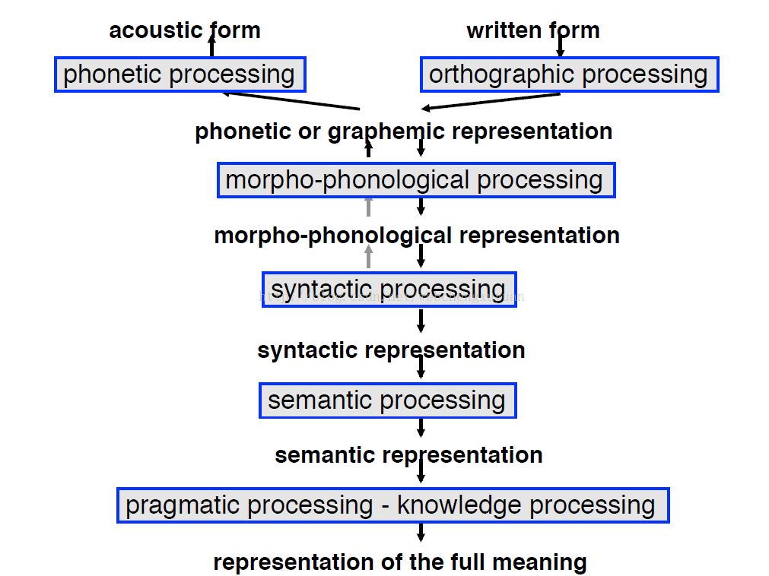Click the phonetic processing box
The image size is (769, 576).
pos(180,74)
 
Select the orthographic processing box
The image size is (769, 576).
pos(569,74)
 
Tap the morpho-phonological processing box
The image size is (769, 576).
pos(415,180)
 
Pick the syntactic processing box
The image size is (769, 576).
pos(389,290)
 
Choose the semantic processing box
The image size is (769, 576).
pos(387,400)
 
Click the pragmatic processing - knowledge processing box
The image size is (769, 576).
pos(392,505)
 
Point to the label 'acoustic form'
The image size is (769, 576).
pos(185,30)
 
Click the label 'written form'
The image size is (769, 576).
pos(532,30)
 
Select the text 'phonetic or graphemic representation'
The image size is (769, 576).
pos(404,131)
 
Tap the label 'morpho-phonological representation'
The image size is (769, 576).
pos(417,236)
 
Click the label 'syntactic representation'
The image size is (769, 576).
pos(391,350)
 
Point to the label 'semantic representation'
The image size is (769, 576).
pos(408,455)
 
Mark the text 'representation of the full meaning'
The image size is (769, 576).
pos(400,563)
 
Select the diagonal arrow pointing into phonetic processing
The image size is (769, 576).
pos(289,101)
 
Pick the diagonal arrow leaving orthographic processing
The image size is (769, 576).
pos(491,101)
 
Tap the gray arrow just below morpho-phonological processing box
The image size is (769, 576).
pos(369,207)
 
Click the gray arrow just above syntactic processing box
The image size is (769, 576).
pos(369,257)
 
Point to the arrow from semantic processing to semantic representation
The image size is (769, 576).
pos(421,428)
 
